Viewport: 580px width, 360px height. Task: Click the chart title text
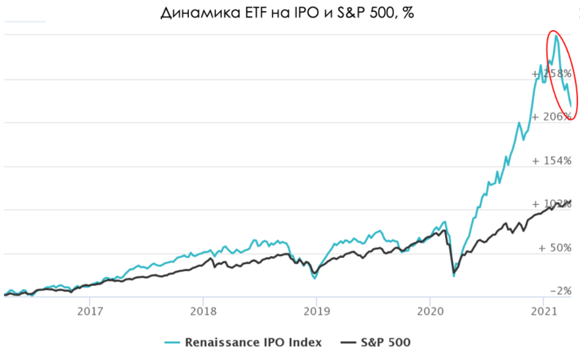click(290, 14)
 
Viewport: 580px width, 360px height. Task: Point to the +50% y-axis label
click(554, 248)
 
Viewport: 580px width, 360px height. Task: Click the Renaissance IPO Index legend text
click(253, 342)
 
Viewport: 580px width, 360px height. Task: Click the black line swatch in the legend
click(349, 342)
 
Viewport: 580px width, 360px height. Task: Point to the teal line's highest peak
click(556, 36)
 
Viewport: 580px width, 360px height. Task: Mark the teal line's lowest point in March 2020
click(454, 276)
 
